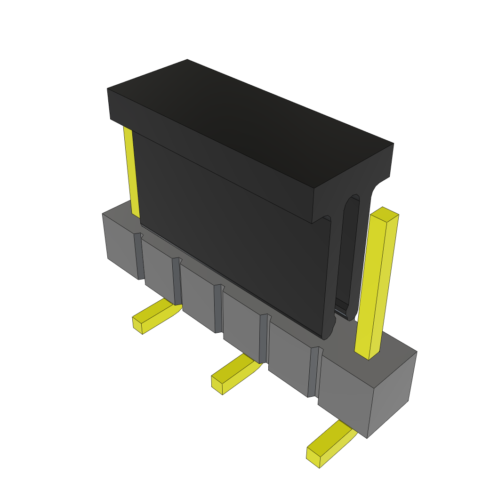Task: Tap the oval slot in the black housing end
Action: click(351, 254)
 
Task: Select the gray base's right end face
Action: click(391, 393)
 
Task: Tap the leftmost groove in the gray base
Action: click(139, 257)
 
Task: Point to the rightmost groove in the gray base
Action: click(313, 372)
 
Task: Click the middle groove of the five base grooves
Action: click(218, 308)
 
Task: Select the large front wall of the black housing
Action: click(231, 235)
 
